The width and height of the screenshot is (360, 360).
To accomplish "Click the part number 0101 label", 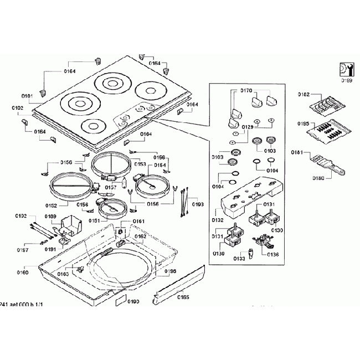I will point(27,96).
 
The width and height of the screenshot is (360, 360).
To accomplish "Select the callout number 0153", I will point(140,164).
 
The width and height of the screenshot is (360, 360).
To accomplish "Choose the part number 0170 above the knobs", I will point(246,90).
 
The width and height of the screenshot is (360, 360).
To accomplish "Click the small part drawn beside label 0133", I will point(250,254).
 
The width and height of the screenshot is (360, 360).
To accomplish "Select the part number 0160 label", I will point(23,272).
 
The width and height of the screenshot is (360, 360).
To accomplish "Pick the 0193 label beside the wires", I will point(198,204).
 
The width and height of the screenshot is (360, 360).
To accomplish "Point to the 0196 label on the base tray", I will point(170,271).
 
